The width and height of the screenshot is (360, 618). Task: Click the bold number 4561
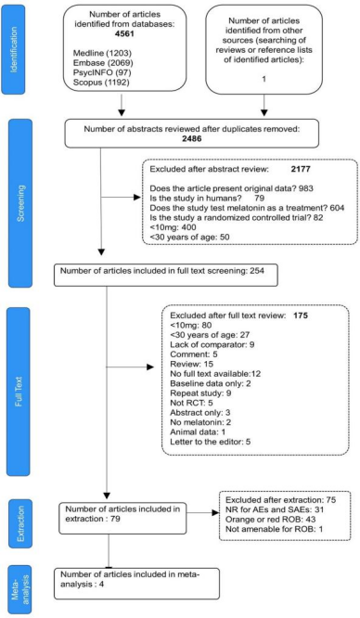pyautogui.click(x=124, y=33)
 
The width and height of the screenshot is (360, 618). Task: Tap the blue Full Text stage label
pyautogui.click(x=19, y=390)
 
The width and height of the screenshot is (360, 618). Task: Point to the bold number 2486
pyautogui.click(x=191, y=138)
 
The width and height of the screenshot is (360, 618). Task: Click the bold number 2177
pyautogui.click(x=297, y=170)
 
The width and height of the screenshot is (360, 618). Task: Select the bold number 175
pyautogui.click(x=301, y=315)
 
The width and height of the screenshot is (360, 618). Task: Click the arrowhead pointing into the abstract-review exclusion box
pyautogui.click(x=138, y=198)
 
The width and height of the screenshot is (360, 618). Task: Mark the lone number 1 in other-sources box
pyautogui.click(x=264, y=79)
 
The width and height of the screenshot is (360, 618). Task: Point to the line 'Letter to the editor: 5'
pyautogui.click(x=211, y=442)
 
